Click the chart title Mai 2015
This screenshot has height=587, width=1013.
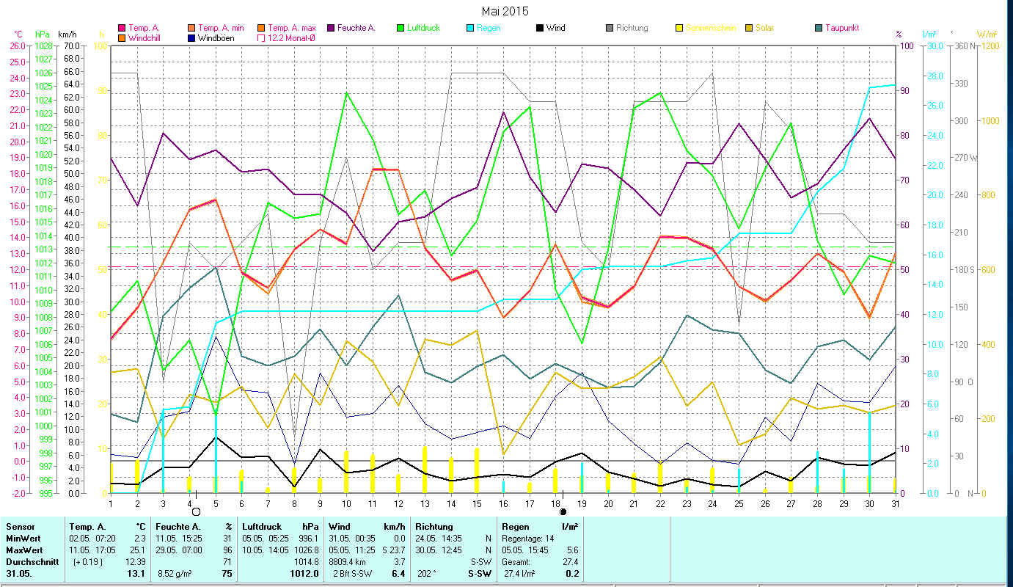505,11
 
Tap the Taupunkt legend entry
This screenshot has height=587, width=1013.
836,28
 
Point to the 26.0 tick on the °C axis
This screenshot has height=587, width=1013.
17,45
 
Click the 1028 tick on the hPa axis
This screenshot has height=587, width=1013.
43,45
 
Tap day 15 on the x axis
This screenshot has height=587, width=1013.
477,503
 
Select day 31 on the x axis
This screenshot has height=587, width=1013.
895,503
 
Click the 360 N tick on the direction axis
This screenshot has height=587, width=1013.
962,45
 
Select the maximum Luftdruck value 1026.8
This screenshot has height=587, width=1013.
306,550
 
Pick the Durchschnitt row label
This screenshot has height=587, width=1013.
27,561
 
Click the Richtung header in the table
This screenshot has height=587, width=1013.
434,526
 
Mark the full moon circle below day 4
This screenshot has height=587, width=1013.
196,511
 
